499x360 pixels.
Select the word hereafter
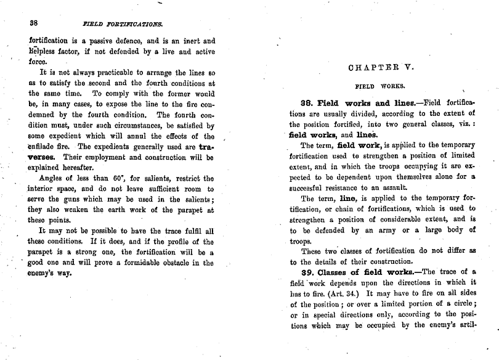pyautogui.click(x=76, y=168)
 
